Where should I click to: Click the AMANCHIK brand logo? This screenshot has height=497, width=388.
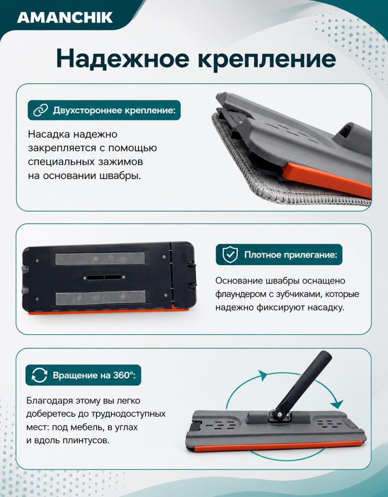tap(65, 18)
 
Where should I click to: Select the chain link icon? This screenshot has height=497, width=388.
tap(41, 110)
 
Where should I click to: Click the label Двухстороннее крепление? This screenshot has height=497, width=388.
tap(114, 110)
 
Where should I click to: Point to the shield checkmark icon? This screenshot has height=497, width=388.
tap(230, 255)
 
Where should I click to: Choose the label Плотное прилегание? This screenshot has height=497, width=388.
tap(291, 255)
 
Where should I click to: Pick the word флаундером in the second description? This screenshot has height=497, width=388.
tap(240, 294)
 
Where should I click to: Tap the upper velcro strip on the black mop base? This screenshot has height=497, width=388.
tap(101, 259)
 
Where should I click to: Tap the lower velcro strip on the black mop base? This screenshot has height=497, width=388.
tap(101, 298)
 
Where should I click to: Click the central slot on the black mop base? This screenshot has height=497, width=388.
tap(104, 278)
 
